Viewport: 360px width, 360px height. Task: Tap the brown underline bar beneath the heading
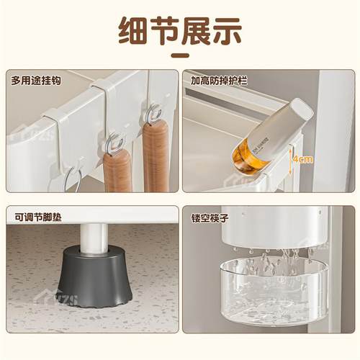[x=180, y=58]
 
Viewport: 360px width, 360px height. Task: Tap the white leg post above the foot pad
[x=91, y=238]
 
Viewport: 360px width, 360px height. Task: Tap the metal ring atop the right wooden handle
[x=154, y=114]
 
